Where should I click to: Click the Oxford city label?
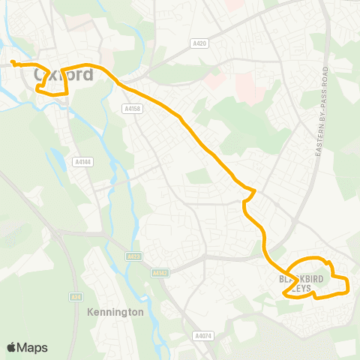(x=64, y=74)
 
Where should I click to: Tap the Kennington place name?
(x=115, y=311)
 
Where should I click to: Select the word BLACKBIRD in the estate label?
(x=310, y=279)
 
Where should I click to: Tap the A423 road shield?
(x=133, y=256)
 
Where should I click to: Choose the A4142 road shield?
(x=159, y=273)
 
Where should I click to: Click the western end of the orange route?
(x=12, y=61)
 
